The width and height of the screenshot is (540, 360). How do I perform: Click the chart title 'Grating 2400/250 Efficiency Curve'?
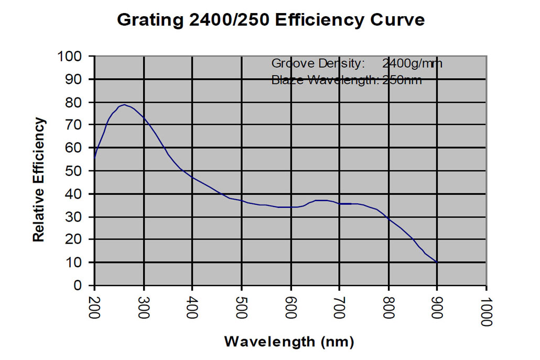click(x=270, y=20)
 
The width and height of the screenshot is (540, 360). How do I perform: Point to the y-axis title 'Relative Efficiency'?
click(x=39, y=180)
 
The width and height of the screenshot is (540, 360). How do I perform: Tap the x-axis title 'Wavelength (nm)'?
click(x=289, y=342)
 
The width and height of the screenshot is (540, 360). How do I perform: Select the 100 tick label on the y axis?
click(x=70, y=56)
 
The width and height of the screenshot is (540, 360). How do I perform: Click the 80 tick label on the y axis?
click(x=74, y=102)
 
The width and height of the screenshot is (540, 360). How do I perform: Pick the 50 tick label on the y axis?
click(x=74, y=171)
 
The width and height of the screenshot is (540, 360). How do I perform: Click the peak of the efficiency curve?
click(x=124, y=104)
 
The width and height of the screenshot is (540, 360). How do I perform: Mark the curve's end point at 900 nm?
click(x=437, y=262)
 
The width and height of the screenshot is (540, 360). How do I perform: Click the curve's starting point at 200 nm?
click(x=95, y=157)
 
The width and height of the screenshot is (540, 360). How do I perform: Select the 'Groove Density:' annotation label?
click(x=318, y=64)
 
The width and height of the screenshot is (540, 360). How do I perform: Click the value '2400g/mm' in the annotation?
click(x=413, y=64)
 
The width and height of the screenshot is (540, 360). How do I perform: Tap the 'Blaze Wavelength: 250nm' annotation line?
click(x=347, y=80)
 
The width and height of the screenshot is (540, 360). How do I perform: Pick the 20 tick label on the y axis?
click(x=74, y=239)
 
